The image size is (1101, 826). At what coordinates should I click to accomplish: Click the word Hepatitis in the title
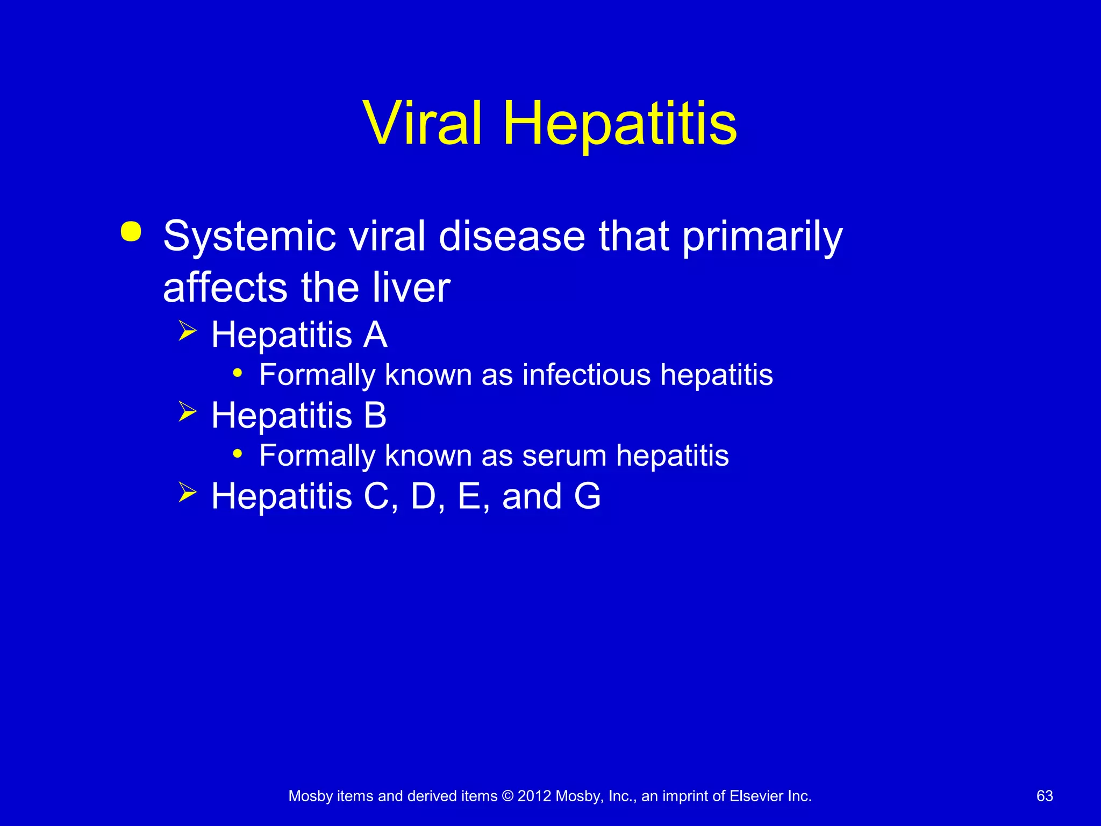(x=619, y=125)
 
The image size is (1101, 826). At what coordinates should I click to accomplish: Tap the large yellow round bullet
(x=131, y=232)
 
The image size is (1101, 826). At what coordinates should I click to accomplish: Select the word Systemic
(x=249, y=237)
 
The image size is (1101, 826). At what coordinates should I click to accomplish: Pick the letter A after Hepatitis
(x=375, y=334)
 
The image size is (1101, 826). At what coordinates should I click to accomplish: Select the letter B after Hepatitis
(x=375, y=415)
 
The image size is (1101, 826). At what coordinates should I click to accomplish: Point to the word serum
(x=564, y=455)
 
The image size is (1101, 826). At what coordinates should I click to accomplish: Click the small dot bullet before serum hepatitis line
(x=237, y=453)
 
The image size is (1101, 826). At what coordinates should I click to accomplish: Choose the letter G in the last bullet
(x=587, y=496)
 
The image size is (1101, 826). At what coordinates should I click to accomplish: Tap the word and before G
(x=532, y=496)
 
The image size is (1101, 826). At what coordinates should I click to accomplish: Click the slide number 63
(x=1045, y=796)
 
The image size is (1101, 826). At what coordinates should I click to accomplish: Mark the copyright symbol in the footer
(x=507, y=796)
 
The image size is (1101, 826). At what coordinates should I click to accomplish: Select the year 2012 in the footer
(x=534, y=796)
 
